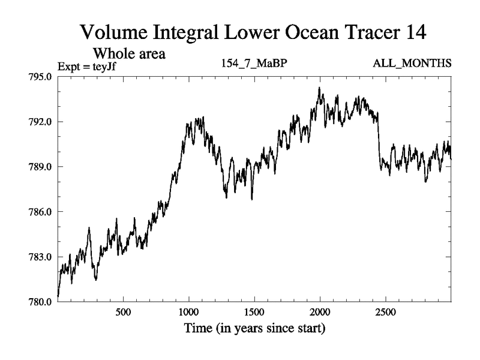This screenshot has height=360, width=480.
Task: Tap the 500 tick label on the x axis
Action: (123, 313)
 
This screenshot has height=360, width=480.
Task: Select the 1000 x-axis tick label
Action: (189, 313)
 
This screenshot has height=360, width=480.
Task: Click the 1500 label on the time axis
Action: (254, 313)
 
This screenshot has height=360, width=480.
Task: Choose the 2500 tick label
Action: (386, 313)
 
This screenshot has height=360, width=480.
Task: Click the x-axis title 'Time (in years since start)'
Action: (254, 329)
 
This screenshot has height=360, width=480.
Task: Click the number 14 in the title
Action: (413, 32)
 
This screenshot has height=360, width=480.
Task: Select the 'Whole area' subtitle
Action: (128, 53)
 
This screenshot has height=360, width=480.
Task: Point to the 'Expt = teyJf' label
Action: (86, 66)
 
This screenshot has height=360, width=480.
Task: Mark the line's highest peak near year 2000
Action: (319, 88)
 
